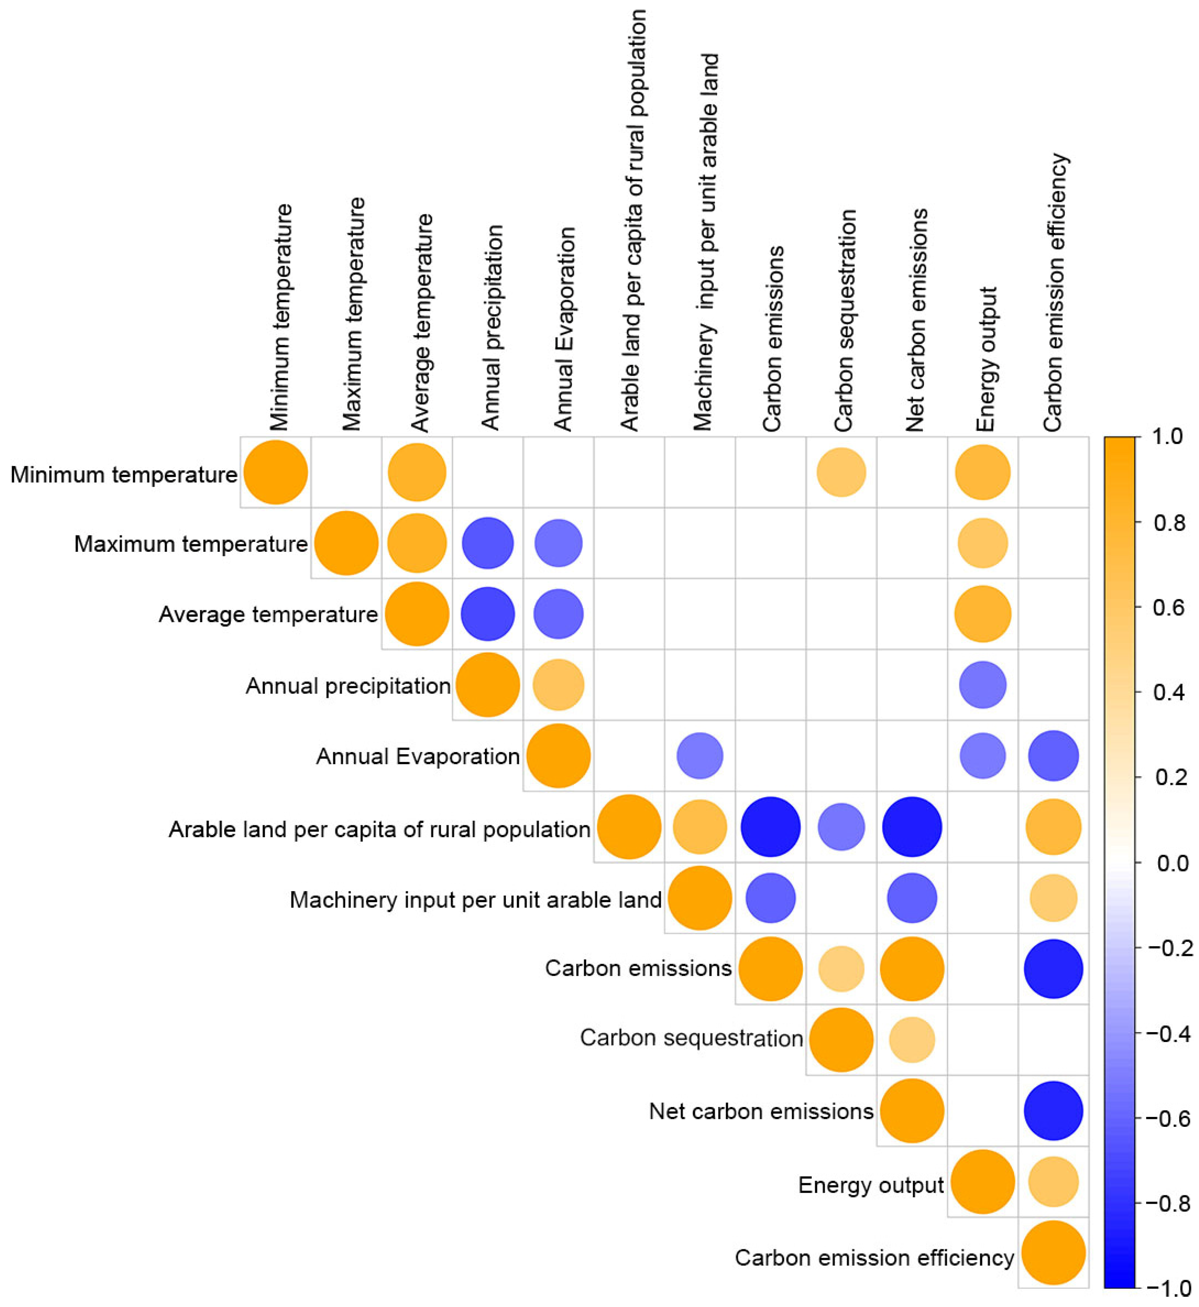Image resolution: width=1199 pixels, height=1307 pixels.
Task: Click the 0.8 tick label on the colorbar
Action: pyautogui.click(x=1170, y=522)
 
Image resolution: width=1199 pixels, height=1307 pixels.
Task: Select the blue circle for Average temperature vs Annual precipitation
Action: pyautogui.click(x=488, y=614)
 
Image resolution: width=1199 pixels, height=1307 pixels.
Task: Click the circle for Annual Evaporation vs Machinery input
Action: pyautogui.click(x=700, y=756)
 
